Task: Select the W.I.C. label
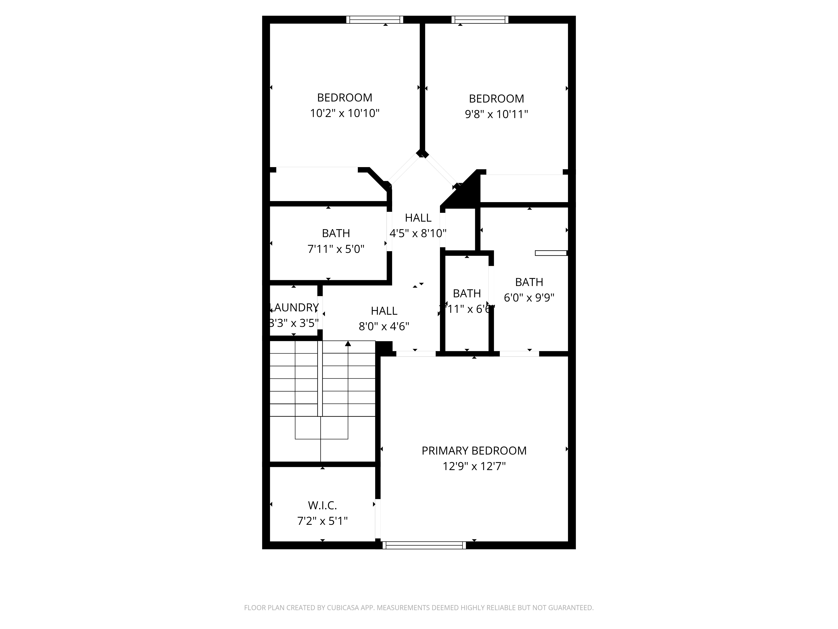pos(322,505)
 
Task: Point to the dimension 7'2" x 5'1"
pos(322,521)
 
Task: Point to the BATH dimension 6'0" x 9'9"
pos(529,298)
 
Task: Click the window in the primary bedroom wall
pos(424,545)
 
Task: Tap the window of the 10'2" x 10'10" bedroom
pos(375,20)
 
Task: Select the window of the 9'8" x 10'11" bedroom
pos(480,20)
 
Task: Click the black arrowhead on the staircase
pos(348,344)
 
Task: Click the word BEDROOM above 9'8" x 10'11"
pos(496,99)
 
